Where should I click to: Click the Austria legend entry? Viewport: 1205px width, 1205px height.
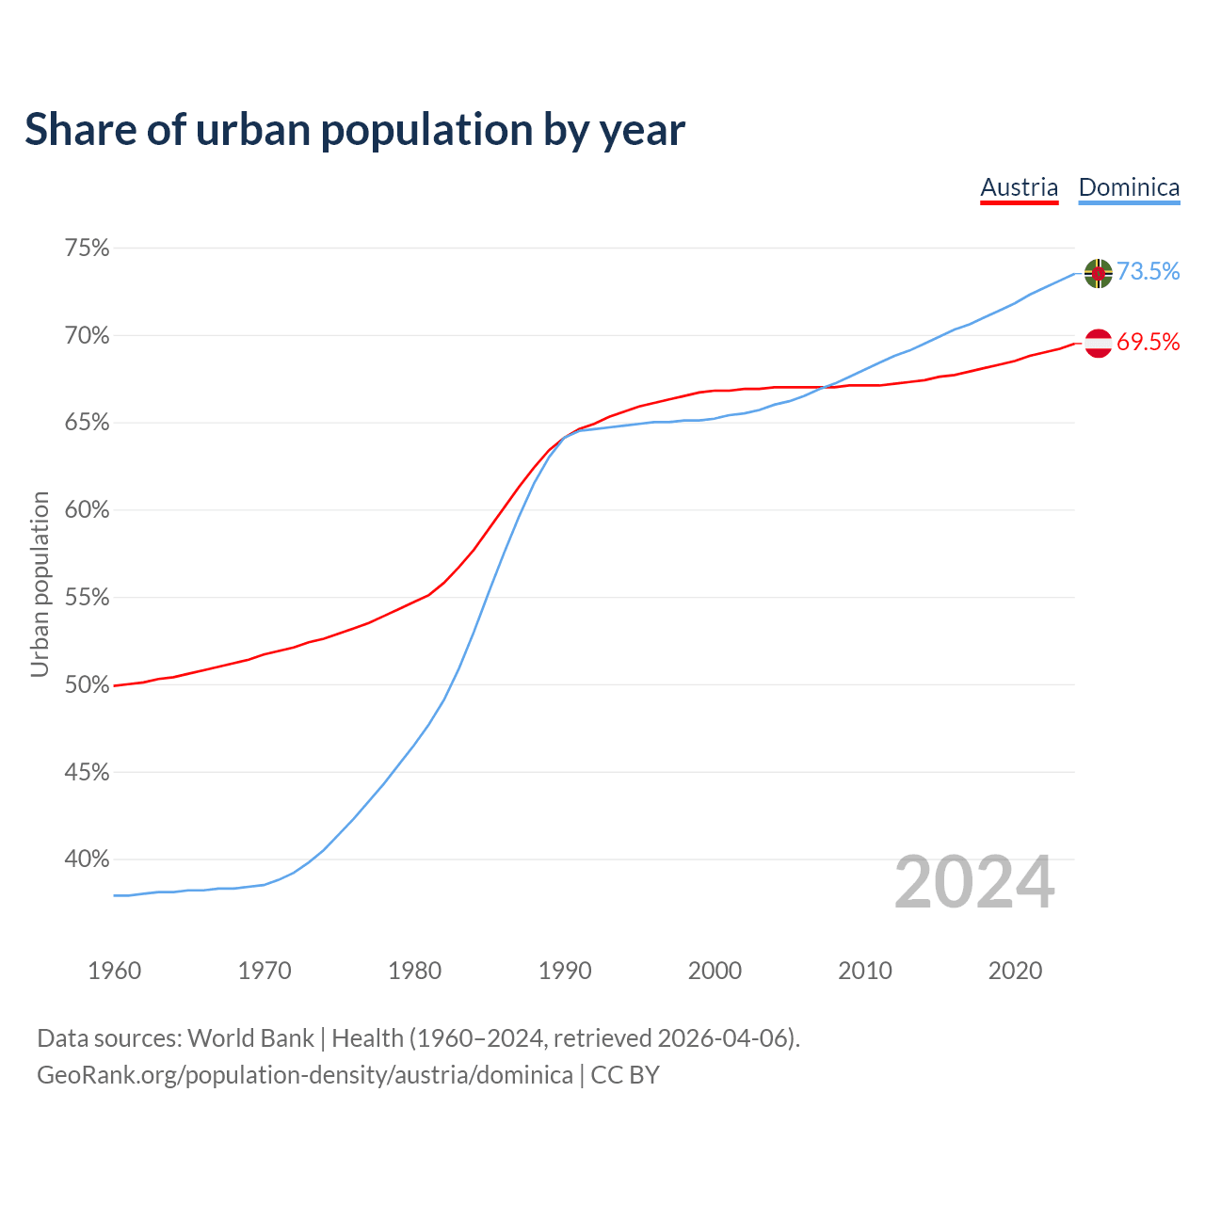click(x=1019, y=187)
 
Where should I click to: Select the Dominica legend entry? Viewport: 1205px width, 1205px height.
click(x=1129, y=187)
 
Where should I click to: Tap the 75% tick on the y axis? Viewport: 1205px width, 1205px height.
click(x=87, y=249)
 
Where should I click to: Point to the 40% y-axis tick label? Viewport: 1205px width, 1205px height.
click(x=87, y=860)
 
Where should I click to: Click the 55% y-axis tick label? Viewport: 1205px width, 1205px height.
click(x=87, y=598)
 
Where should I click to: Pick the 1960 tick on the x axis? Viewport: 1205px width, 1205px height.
click(x=114, y=971)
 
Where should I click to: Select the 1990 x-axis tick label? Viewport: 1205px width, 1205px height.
click(x=565, y=971)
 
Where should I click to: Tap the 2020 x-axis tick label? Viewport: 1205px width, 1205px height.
click(x=1015, y=971)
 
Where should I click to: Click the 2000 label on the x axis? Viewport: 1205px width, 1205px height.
click(x=715, y=971)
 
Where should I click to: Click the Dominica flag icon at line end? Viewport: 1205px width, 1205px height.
click(x=1099, y=273)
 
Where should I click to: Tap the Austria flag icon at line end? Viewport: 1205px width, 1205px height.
click(x=1099, y=344)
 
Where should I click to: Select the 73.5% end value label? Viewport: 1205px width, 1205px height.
click(x=1149, y=271)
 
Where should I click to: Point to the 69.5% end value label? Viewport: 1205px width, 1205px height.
click(x=1149, y=342)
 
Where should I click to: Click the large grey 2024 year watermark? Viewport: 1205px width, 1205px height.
click(x=974, y=883)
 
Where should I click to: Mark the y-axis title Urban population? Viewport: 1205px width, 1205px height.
click(x=40, y=584)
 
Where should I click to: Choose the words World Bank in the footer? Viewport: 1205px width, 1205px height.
click(x=250, y=1038)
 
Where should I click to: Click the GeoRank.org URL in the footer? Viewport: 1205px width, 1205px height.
click(x=304, y=1075)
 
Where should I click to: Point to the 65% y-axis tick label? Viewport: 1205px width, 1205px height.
click(x=87, y=423)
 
